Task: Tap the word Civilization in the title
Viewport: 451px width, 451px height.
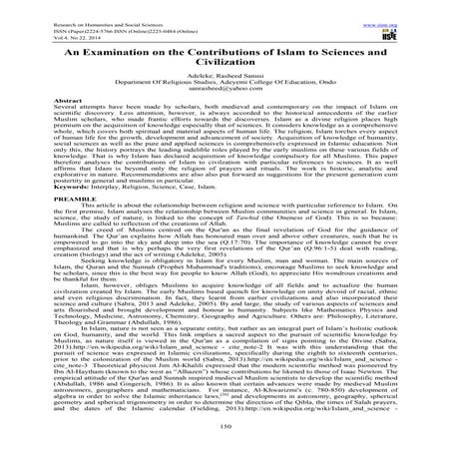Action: point(225,63)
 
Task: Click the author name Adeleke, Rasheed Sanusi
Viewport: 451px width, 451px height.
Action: point(225,77)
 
